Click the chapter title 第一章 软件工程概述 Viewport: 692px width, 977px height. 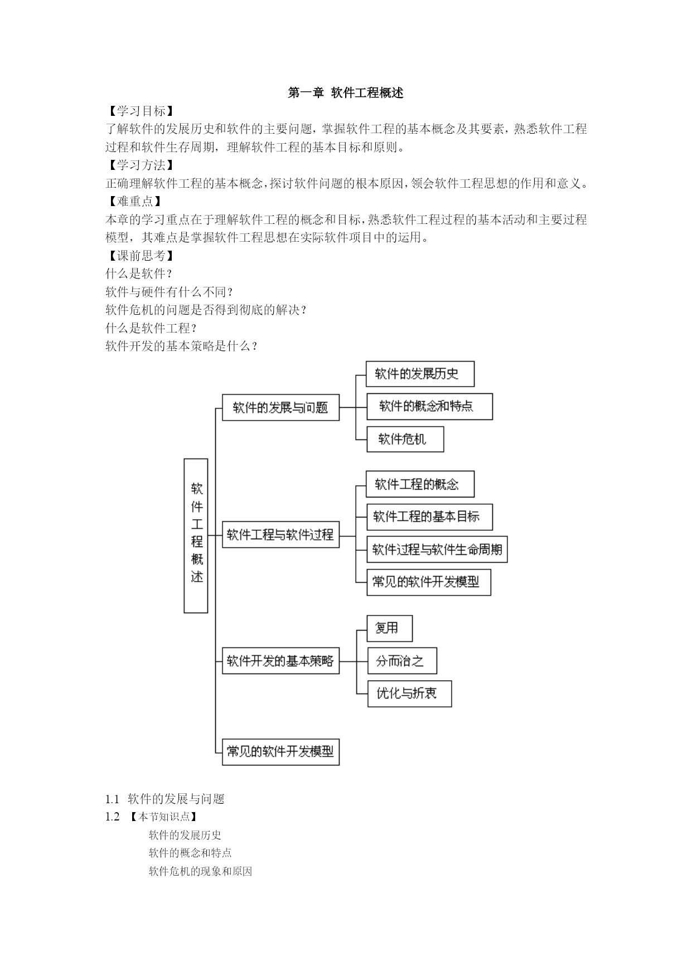pyautogui.click(x=345, y=93)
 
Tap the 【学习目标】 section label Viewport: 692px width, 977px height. pyautogui.click(x=140, y=111)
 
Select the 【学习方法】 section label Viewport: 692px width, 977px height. pyautogui.click(x=140, y=165)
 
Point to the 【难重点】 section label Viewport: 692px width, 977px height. pyautogui.click(x=134, y=202)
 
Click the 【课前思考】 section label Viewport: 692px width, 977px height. pyautogui.click(x=140, y=256)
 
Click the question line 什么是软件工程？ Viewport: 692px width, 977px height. pyautogui.click(x=152, y=328)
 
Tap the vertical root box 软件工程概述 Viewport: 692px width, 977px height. pyautogui.click(x=196, y=536)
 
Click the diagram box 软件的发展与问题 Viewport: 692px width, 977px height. pyautogui.click(x=281, y=408)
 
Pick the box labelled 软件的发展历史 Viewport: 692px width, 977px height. pyautogui.click(x=420, y=374)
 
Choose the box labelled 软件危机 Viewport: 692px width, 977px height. pyautogui.click(x=405, y=439)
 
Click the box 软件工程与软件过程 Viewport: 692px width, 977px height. pyautogui.click(x=281, y=535)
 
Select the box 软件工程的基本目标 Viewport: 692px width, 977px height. pyautogui.click(x=429, y=517)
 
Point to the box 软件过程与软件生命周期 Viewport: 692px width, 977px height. pyautogui.click(x=437, y=550)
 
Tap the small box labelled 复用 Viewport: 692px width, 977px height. pyautogui.click(x=390, y=628)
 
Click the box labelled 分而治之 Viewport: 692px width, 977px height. pyautogui.click(x=402, y=661)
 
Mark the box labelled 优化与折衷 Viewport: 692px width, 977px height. pyautogui.click(x=410, y=693)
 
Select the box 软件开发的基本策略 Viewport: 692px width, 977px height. pyautogui.click(x=281, y=661)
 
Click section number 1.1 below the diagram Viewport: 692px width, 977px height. pyautogui.click(x=113, y=799)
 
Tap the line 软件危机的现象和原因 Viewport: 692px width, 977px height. pyautogui.click(x=200, y=871)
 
